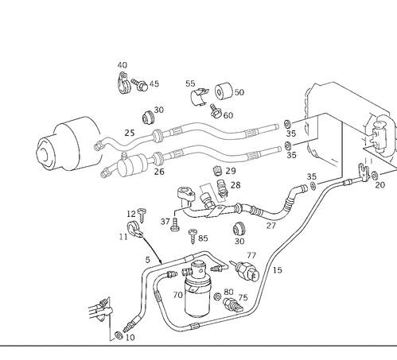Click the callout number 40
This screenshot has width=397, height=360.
tap(122, 65)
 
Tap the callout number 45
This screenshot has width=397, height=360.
tap(154, 83)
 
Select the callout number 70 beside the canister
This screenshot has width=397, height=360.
tap(177, 294)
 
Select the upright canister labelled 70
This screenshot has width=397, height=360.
tap(196, 300)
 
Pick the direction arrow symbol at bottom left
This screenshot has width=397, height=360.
tap(99, 311)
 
